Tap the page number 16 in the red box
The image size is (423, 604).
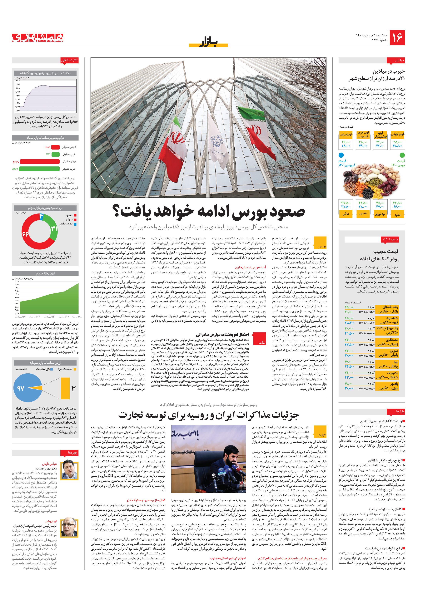tap(397, 38)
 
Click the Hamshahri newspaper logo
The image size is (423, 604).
tap(38, 38)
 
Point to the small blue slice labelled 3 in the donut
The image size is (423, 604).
tap(41, 216)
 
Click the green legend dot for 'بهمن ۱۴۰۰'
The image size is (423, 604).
tap(402, 155)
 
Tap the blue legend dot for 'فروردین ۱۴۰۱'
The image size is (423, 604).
tap(341, 155)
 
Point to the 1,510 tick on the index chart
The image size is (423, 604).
tap(18, 81)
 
